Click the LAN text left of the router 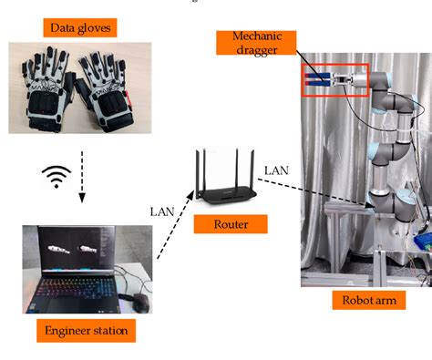pyautogui.click(x=160, y=211)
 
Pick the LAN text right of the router pyautogui.click(x=275, y=170)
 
